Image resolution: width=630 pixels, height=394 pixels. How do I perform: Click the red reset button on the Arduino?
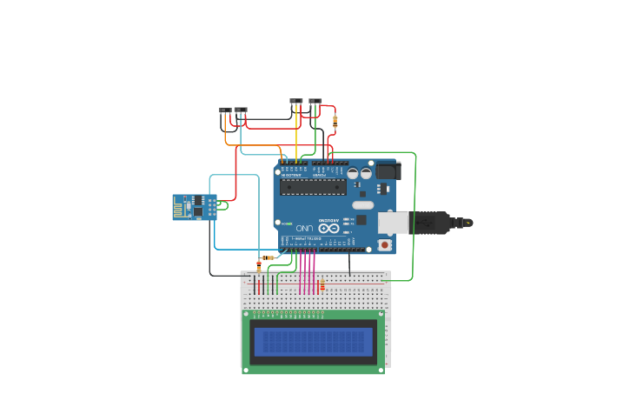pyautogui.click(x=384, y=245)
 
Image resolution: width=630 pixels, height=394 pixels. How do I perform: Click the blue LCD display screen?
pyautogui.click(x=313, y=341)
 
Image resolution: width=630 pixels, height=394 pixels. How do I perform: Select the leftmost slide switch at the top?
pyautogui.click(x=225, y=110)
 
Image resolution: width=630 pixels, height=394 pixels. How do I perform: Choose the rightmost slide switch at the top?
pyautogui.click(x=315, y=102)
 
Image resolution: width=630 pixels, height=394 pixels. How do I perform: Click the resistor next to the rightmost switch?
pyautogui.click(x=335, y=121)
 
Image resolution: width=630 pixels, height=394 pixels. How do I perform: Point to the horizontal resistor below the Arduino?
pyautogui.click(x=268, y=257)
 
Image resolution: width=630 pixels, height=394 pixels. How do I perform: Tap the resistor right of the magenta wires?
pyautogui.click(x=322, y=284)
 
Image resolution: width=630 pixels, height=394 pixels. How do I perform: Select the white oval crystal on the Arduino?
pyautogui.click(x=363, y=205)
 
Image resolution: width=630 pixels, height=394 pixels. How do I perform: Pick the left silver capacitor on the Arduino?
pyautogui.click(x=353, y=173)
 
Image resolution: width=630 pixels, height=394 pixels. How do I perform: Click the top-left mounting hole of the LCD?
pyautogui.click(x=246, y=314)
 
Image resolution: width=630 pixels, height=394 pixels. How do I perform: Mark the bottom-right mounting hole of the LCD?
pyautogui.click(x=381, y=370)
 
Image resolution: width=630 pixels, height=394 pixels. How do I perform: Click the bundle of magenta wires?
pyautogui.click(x=306, y=271)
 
